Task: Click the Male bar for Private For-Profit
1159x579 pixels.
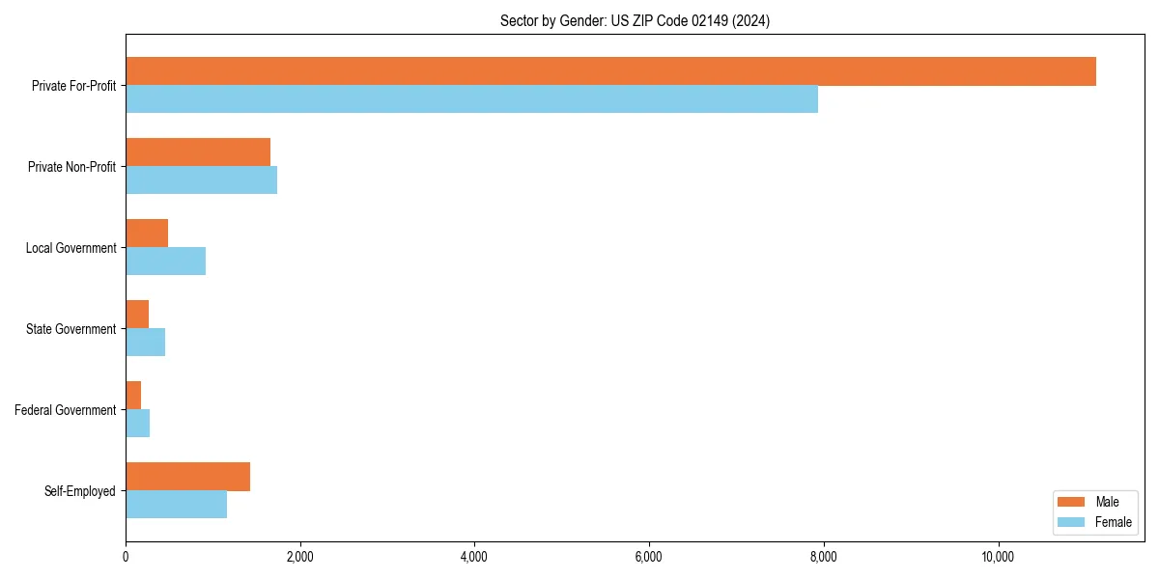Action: coord(610,71)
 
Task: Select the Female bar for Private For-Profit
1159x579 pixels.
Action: coord(471,99)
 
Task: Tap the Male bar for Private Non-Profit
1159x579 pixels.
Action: coord(198,152)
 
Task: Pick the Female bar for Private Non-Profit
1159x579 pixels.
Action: coord(201,180)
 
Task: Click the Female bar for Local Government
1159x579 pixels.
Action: coord(165,262)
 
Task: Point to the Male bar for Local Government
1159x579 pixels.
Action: coord(147,234)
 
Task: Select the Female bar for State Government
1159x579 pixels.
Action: coord(145,343)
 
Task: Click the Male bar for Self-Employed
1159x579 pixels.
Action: coord(187,477)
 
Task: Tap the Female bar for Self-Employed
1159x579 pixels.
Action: coord(176,505)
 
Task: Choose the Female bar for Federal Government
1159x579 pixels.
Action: coord(137,424)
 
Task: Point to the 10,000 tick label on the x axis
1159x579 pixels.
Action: coord(998,557)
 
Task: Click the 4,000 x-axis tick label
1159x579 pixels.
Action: coord(474,557)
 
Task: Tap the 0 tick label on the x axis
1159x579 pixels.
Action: coord(126,557)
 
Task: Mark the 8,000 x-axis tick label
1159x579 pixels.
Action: coord(823,557)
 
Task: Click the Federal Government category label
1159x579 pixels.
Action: coord(66,410)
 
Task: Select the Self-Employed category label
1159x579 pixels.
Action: coord(80,491)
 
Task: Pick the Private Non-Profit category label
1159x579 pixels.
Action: coord(71,167)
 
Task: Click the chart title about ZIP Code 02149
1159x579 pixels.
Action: coord(635,21)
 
